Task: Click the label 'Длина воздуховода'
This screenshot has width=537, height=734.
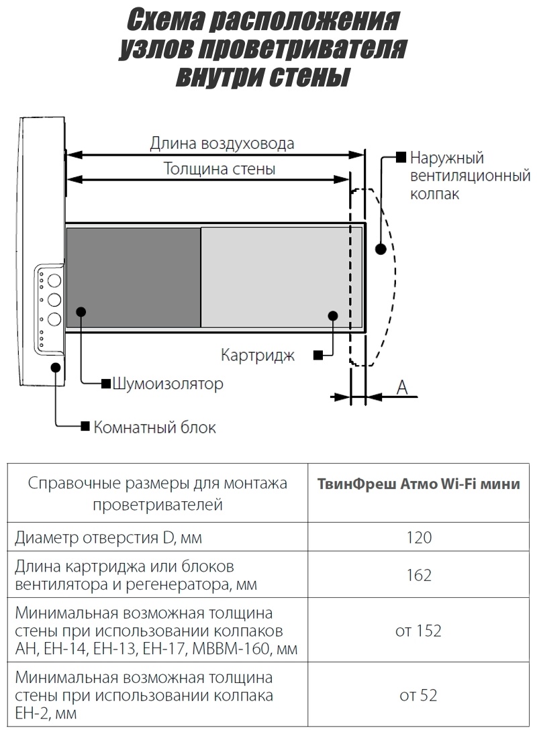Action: tap(222, 143)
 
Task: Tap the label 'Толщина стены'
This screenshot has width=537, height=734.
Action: tap(219, 168)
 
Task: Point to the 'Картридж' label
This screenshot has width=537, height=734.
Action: tap(258, 356)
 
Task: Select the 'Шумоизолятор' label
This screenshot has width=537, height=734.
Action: tap(168, 384)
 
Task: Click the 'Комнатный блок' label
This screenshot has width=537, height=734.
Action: tap(155, 427)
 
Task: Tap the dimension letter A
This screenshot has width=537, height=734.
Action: tap(402, 388)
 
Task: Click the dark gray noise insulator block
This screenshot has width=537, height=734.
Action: tap(134, 277)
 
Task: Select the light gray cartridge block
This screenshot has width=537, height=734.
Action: tap(281, 277)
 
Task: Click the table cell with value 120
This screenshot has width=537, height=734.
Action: tap(419, 537)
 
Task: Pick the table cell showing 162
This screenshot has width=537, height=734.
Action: tap(419, 575)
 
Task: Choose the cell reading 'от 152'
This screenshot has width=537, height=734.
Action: tap(418, 631)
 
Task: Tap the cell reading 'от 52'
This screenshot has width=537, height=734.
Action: tap(418, 695)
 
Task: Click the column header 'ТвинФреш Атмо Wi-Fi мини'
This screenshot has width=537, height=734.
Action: tap(419, 484)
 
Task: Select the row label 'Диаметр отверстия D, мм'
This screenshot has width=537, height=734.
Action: tap(108, 537)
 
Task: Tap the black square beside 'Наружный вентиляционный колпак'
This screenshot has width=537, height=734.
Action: tap(401, 157)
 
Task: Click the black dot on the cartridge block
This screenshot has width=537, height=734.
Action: tap(333, 316)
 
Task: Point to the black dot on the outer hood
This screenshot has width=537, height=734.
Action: tap(381, 249)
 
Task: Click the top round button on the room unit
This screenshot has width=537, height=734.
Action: tap(54, 280)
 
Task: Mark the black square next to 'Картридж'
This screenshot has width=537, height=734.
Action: tap(318, 356)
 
